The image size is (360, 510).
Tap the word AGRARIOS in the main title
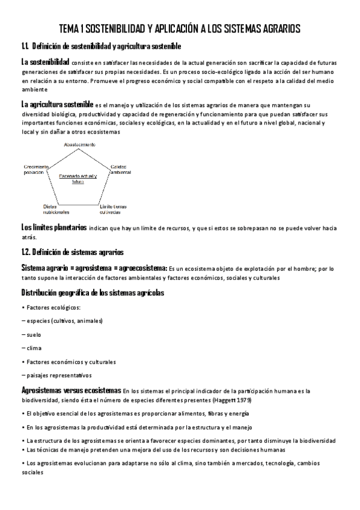275,29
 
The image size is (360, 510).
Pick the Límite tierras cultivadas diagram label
113,209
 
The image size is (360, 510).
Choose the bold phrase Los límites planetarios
53,229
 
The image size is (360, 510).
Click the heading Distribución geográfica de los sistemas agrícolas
93,293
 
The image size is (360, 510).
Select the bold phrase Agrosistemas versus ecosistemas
71,390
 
